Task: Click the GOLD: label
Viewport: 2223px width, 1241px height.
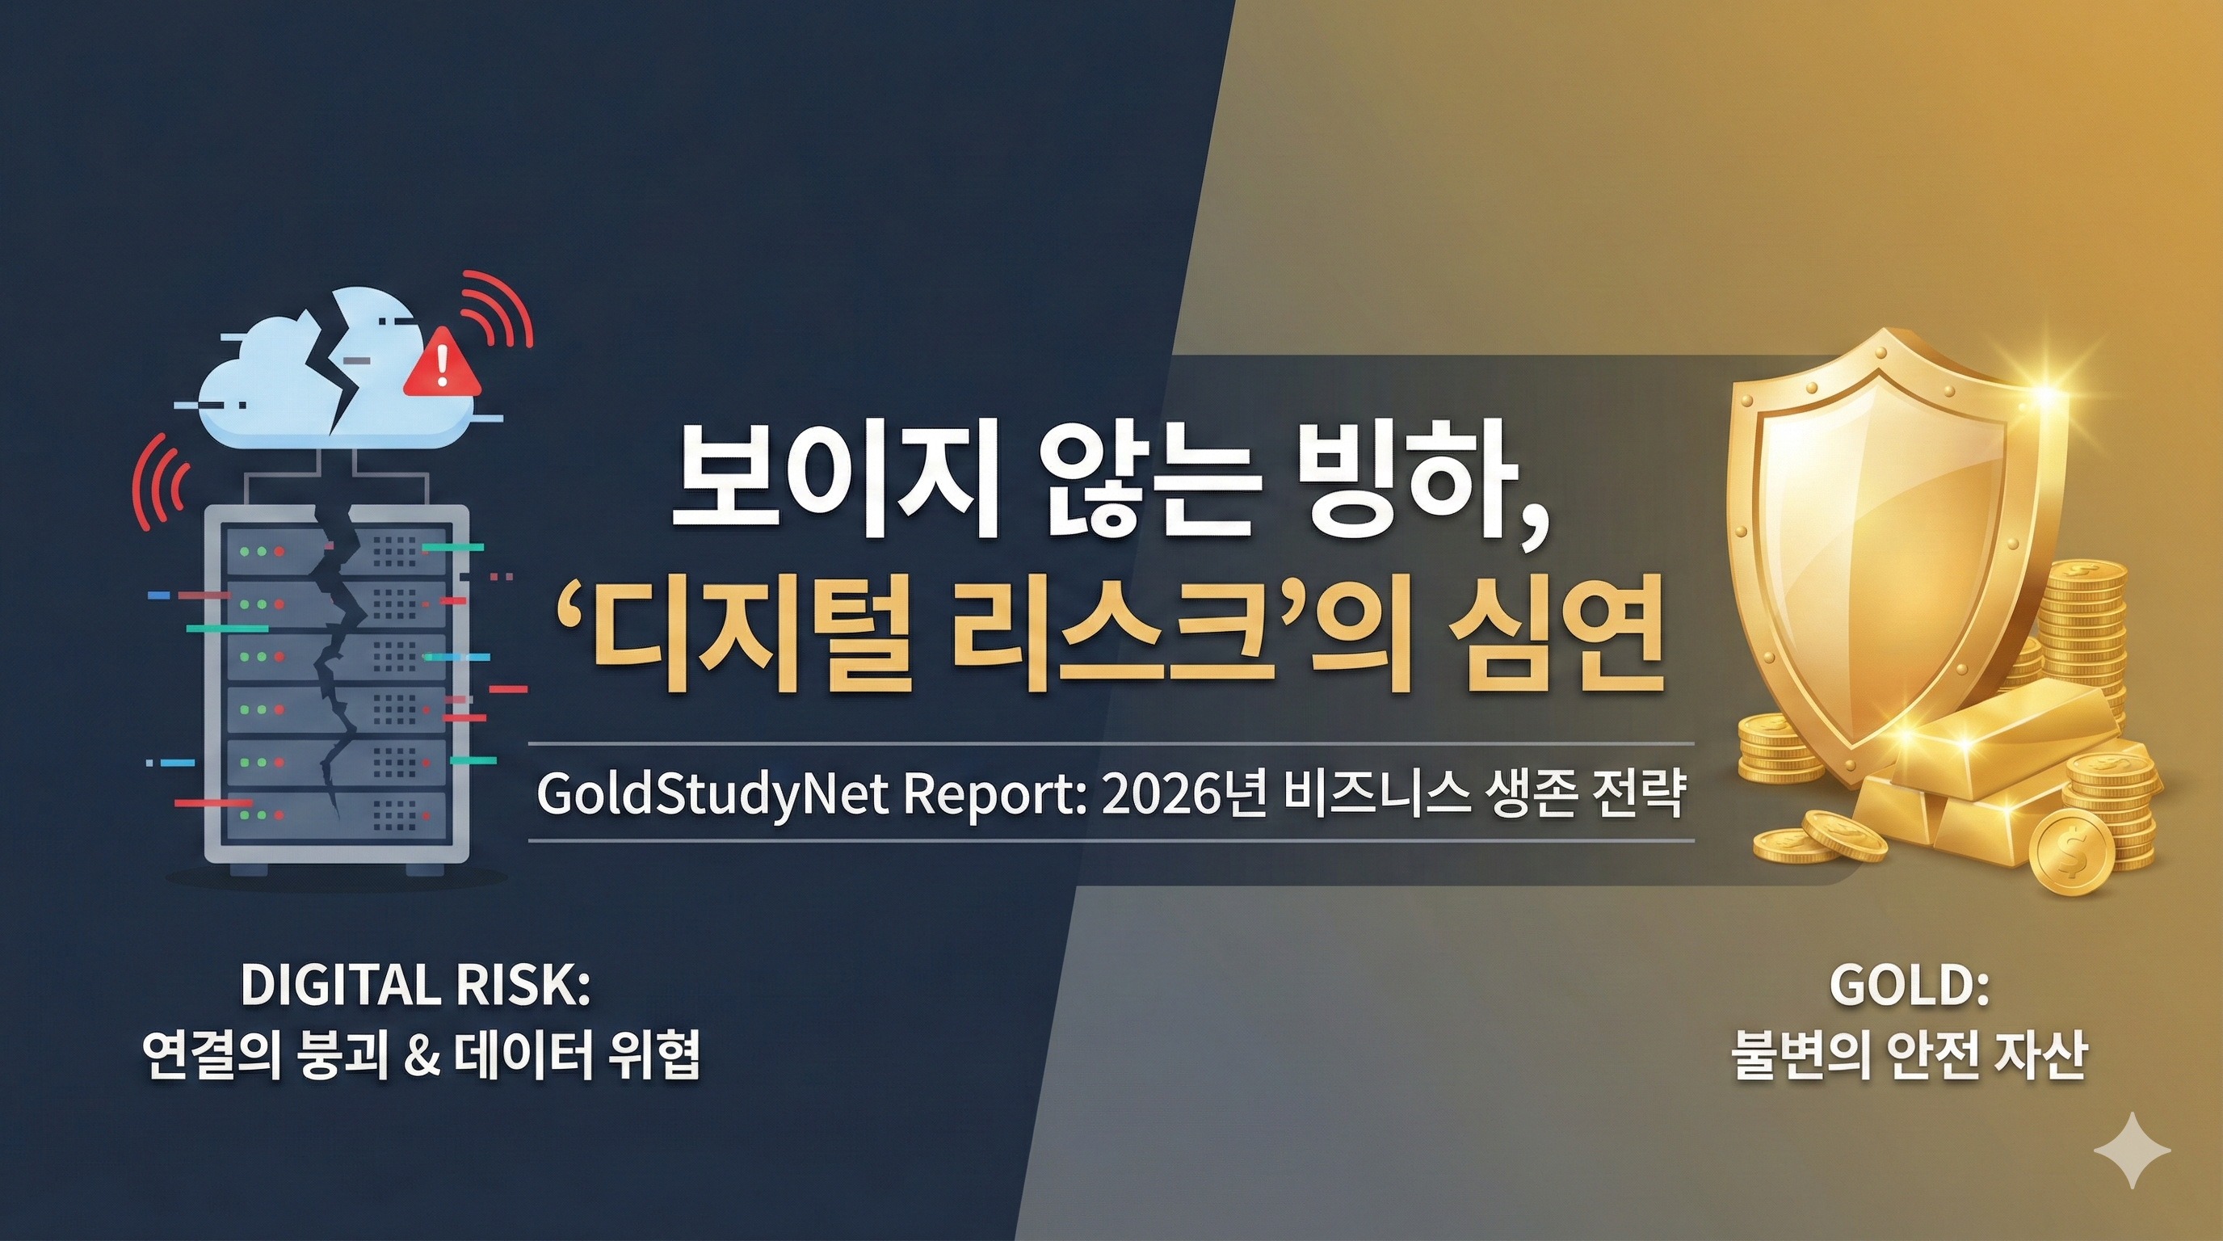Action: coord(1909,985)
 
